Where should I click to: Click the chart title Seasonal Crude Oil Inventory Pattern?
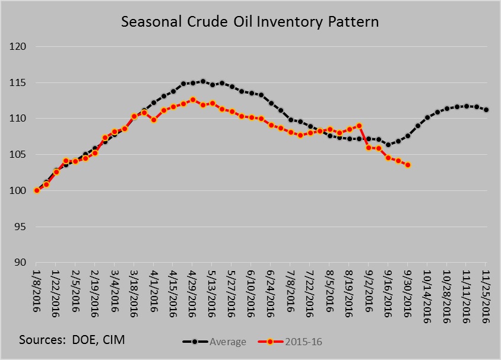[x=250, y=22]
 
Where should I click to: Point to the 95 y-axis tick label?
[x=24, y=227]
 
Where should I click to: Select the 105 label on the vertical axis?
[x=21, y=155]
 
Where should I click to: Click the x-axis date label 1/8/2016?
[x=37, y=288]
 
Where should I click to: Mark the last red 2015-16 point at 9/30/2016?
[x=408, y=165]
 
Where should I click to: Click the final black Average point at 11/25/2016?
[x=486, y=110]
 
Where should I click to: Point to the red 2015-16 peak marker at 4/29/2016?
[x=193, y=100]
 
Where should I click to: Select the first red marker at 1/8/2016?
[x=37, y=190]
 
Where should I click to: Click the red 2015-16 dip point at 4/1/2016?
[x=154, y=119]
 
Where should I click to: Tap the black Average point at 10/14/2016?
[x=427, y=117]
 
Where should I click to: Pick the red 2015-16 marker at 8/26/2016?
[x=359, y=126]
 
